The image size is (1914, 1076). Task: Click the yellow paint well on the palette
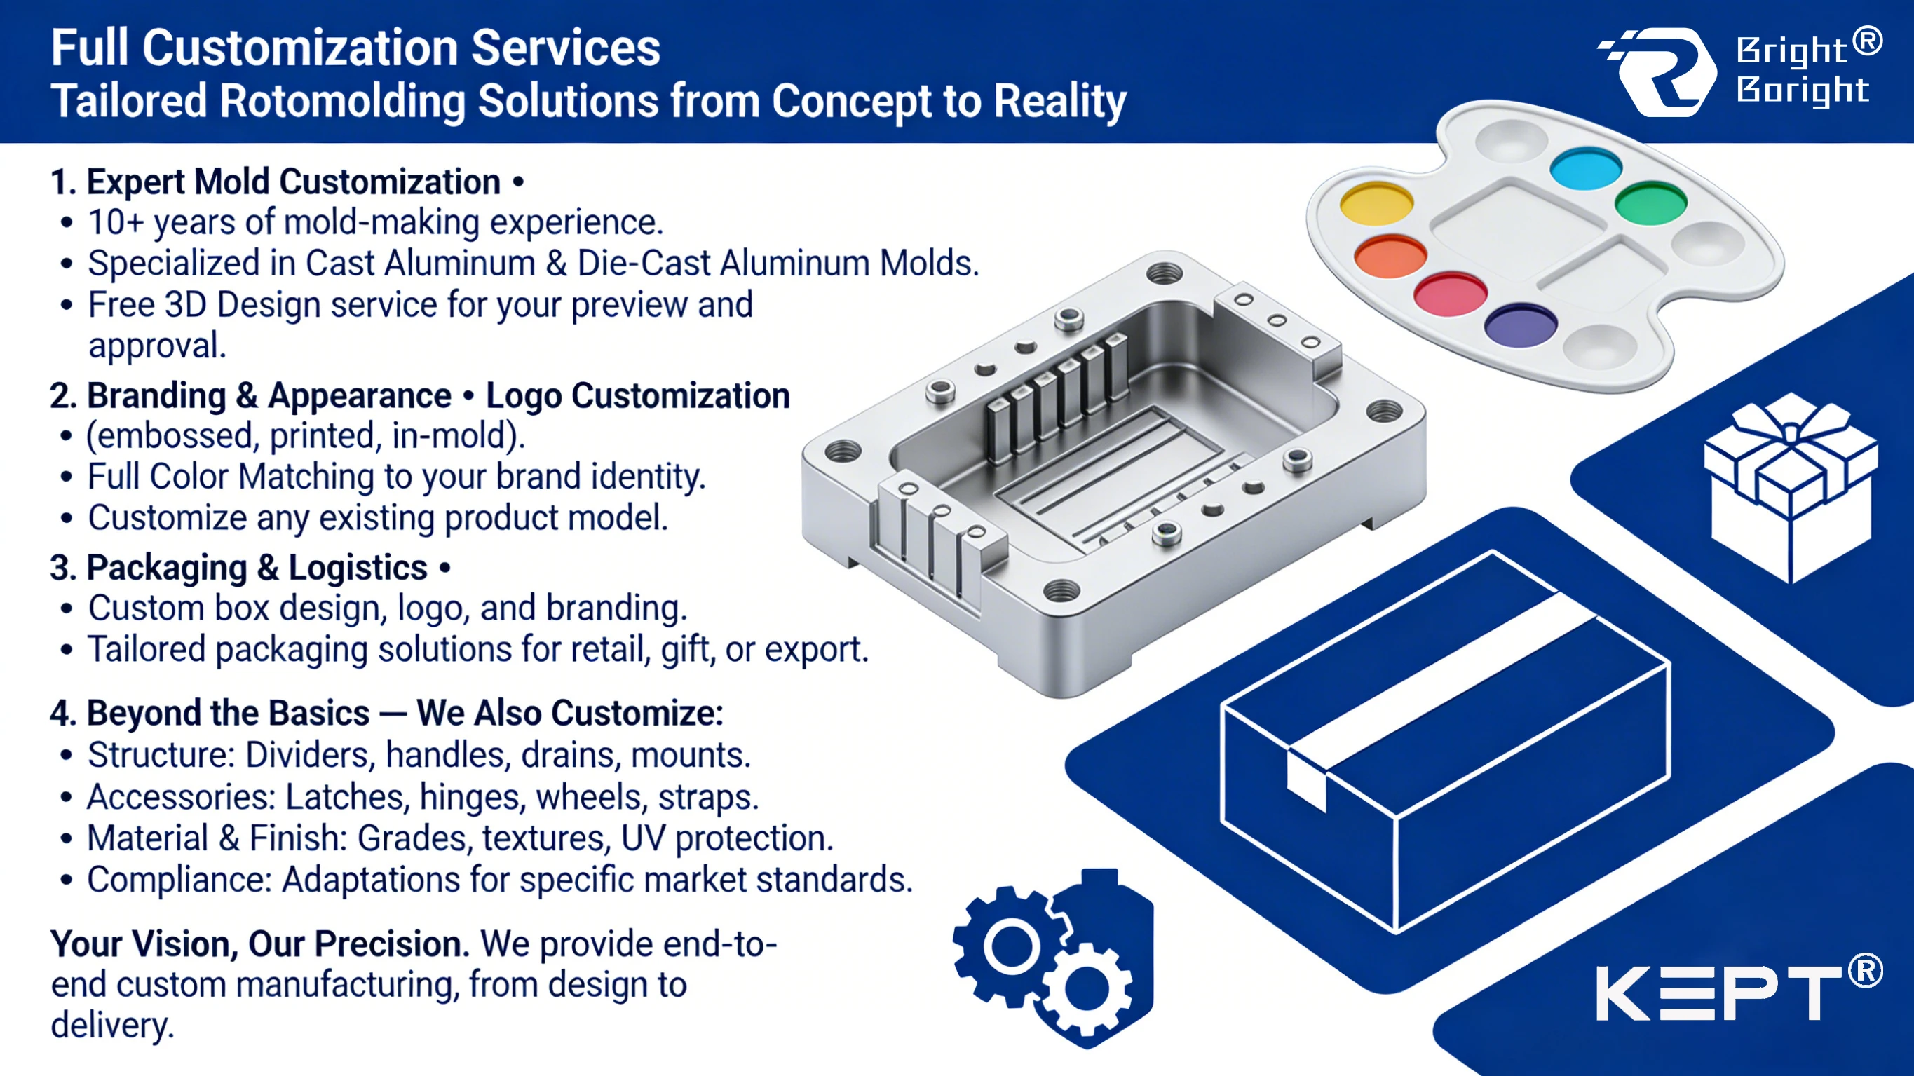(x=1376, y=203)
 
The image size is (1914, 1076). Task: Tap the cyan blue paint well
(x=1586, y=169)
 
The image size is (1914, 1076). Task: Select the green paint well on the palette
(x=1651, y=202)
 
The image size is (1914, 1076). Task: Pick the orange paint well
(x=1390, y=257)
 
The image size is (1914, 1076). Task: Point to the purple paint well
(x=1520, y=325)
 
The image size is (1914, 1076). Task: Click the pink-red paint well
(x=1451, y=294)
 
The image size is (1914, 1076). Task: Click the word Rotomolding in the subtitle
(x=340, y=101)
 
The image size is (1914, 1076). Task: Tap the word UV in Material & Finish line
(x=642, y=838)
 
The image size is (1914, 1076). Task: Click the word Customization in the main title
(x=300, y=48)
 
